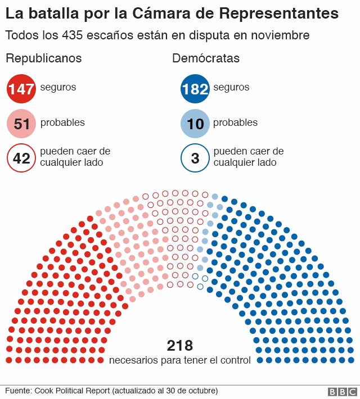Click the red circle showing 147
tap(21, 88)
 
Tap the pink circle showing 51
tap(21, 124)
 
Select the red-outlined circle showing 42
tap(21, 158)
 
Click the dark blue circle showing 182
tap(195, 88)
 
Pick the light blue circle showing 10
tap(195, 124)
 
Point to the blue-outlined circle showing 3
tap(195, 158)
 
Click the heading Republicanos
tap(43, 58)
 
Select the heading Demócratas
tap(206, 58)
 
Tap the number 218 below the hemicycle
tap(180, 345)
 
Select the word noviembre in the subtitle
tap(280, 35)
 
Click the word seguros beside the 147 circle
tap(58, 88)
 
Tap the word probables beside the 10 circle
tap(236, 123)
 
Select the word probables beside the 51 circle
tap(62, 123)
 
